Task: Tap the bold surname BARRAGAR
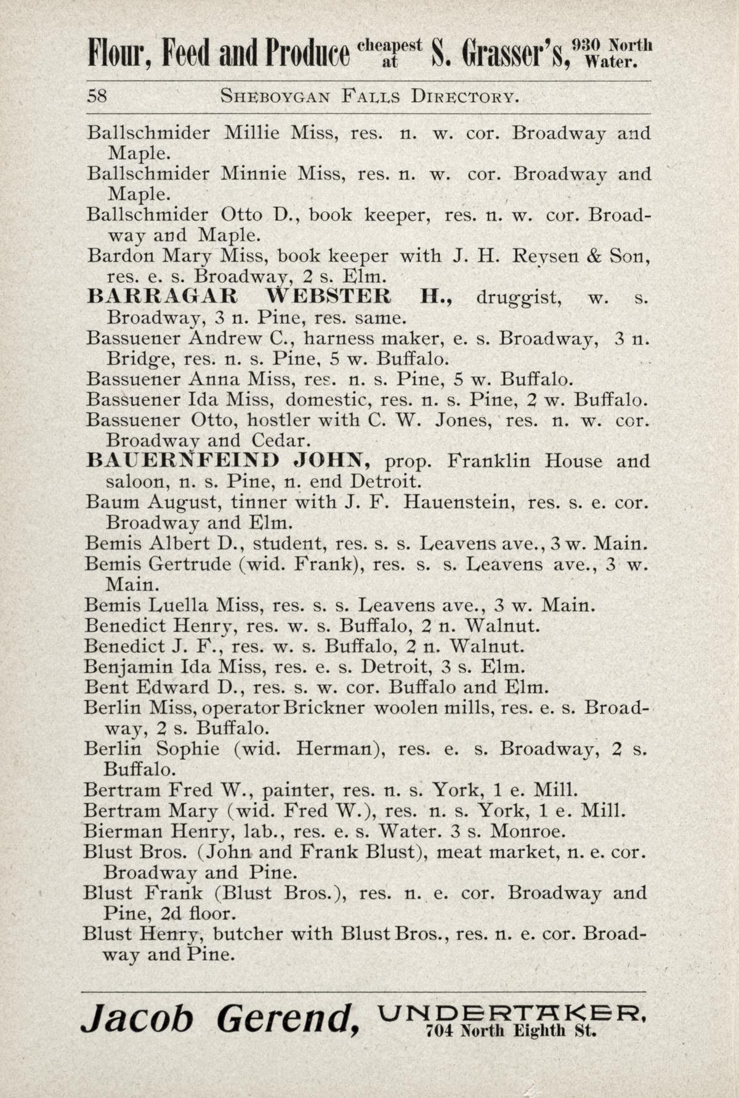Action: click(162, 297)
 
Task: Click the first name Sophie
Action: click(187, 749)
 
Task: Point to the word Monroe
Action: click(527, 831)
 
